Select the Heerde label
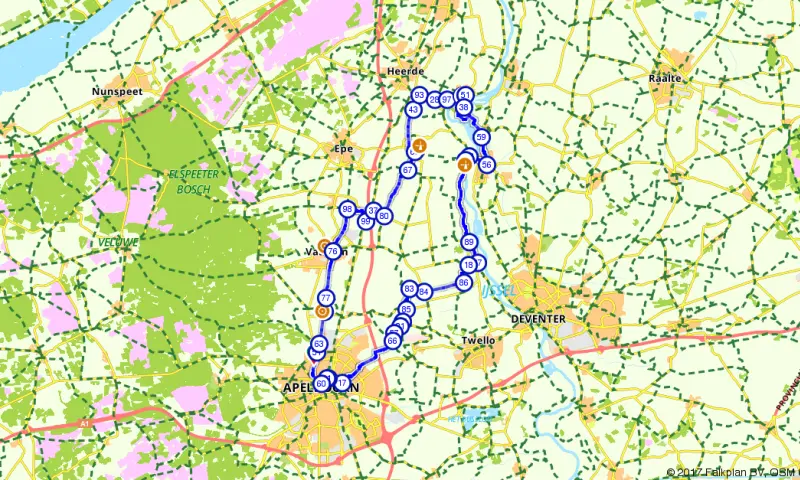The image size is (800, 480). tap(405, 73)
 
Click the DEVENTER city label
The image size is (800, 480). tap(538, 318)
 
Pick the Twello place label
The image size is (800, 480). tap(478, 340)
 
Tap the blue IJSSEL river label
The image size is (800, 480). tap(497, 290)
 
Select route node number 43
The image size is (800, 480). tap(413, 110)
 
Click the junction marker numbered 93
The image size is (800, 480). tap(419, 95)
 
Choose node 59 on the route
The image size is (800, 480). tap(481, 137)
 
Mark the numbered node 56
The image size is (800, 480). tap(487, 164)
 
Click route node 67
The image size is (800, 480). tap(408, 171)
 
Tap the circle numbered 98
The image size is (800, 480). tap(347, 209)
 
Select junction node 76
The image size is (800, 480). tap(333, 251)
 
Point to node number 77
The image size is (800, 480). tap(325, 298)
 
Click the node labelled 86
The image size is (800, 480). tap(464, 283)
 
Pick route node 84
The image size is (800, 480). tap(424, 292)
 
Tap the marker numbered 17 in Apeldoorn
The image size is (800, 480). tap(342, 383)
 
